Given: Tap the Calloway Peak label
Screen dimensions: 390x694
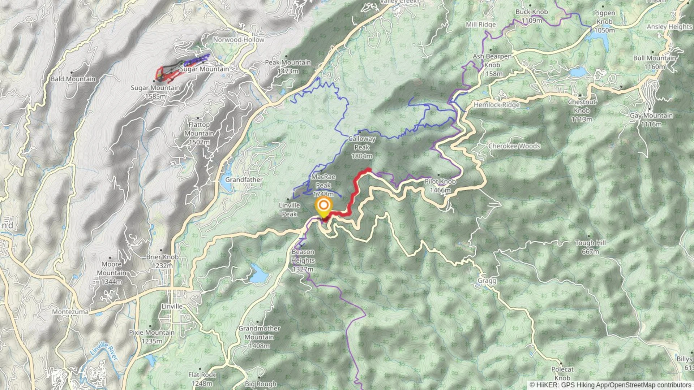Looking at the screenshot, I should coord(362,147).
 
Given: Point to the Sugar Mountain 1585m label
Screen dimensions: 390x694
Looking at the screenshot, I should coord(155,92).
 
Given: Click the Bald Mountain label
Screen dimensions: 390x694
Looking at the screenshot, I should coord(73,79).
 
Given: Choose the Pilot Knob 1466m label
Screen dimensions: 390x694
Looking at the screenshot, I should coord(440,186).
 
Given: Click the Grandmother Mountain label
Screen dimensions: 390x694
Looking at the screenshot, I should coord(259,337).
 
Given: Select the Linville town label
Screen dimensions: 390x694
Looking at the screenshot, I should coord(172,306).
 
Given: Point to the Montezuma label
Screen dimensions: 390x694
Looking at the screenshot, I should coord(70,312).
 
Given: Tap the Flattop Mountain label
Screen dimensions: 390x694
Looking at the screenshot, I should coord(199,133).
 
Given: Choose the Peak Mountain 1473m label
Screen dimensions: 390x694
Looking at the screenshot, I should coord(288,66).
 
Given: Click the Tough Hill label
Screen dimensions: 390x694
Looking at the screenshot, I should coord(590,247).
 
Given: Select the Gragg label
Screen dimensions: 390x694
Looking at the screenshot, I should coord(487,281).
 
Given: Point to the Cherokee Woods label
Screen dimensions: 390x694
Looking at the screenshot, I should coord(514,146).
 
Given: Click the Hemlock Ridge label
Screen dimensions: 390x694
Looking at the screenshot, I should coord(497,105).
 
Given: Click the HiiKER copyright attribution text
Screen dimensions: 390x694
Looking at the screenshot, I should coord(611,385).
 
